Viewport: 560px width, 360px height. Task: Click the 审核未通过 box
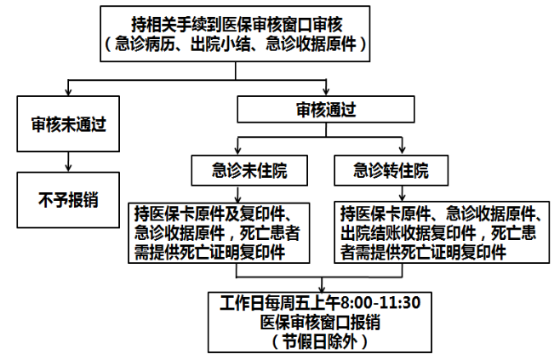[66, 124]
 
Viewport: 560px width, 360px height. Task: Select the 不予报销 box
[66, 201]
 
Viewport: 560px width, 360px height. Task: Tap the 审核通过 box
[325, 110]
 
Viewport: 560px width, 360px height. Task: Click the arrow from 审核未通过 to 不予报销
[66, 163]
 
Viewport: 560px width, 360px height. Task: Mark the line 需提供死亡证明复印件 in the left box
[209, 252]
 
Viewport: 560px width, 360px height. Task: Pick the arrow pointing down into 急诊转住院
[391, 151]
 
